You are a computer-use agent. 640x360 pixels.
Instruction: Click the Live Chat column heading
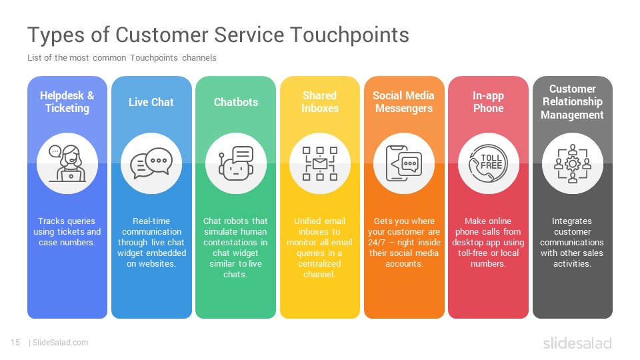pyautogui.click(x=151, y=102)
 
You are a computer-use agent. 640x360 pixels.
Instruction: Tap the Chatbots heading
pyautogui.click(x=236, y=102)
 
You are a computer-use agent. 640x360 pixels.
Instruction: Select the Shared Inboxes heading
pyautogui.click(x=320, y=101)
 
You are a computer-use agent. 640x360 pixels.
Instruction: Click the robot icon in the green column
pyautogui.click(x=236, y=164)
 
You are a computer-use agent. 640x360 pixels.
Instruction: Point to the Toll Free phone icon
pyautogui.click(x=488, y=164)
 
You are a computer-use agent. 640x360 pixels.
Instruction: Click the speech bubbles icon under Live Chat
pyautogui.click(x=151, y=163)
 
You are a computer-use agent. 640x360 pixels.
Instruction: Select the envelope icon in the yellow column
pyautogui.click(x=320, y=164)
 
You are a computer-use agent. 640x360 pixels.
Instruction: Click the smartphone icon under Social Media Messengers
pyautogui.click(x=397, y=164)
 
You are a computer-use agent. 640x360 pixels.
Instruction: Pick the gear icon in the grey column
pyautogui.click(x=572, y=164)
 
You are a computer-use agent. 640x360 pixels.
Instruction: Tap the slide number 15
pyautogui.click(x=15, y=343)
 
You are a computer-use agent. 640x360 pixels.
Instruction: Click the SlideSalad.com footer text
pyautogui.click(x=60, y=343)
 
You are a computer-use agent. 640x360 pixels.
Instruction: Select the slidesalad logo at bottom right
pyautogui.click(x=577, y=343)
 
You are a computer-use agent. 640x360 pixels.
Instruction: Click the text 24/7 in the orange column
pyautogui.click(x=376, y=243)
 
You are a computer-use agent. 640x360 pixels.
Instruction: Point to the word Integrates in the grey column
pyautogui.click(x=572, y=221)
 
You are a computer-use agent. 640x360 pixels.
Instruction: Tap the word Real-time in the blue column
pyautogui.click(x=151, y=221)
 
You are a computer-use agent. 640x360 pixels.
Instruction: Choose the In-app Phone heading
pyautogui.click(x=488, y=101)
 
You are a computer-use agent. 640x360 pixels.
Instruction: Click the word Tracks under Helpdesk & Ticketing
pyautogui.click(x=49, y=221)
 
